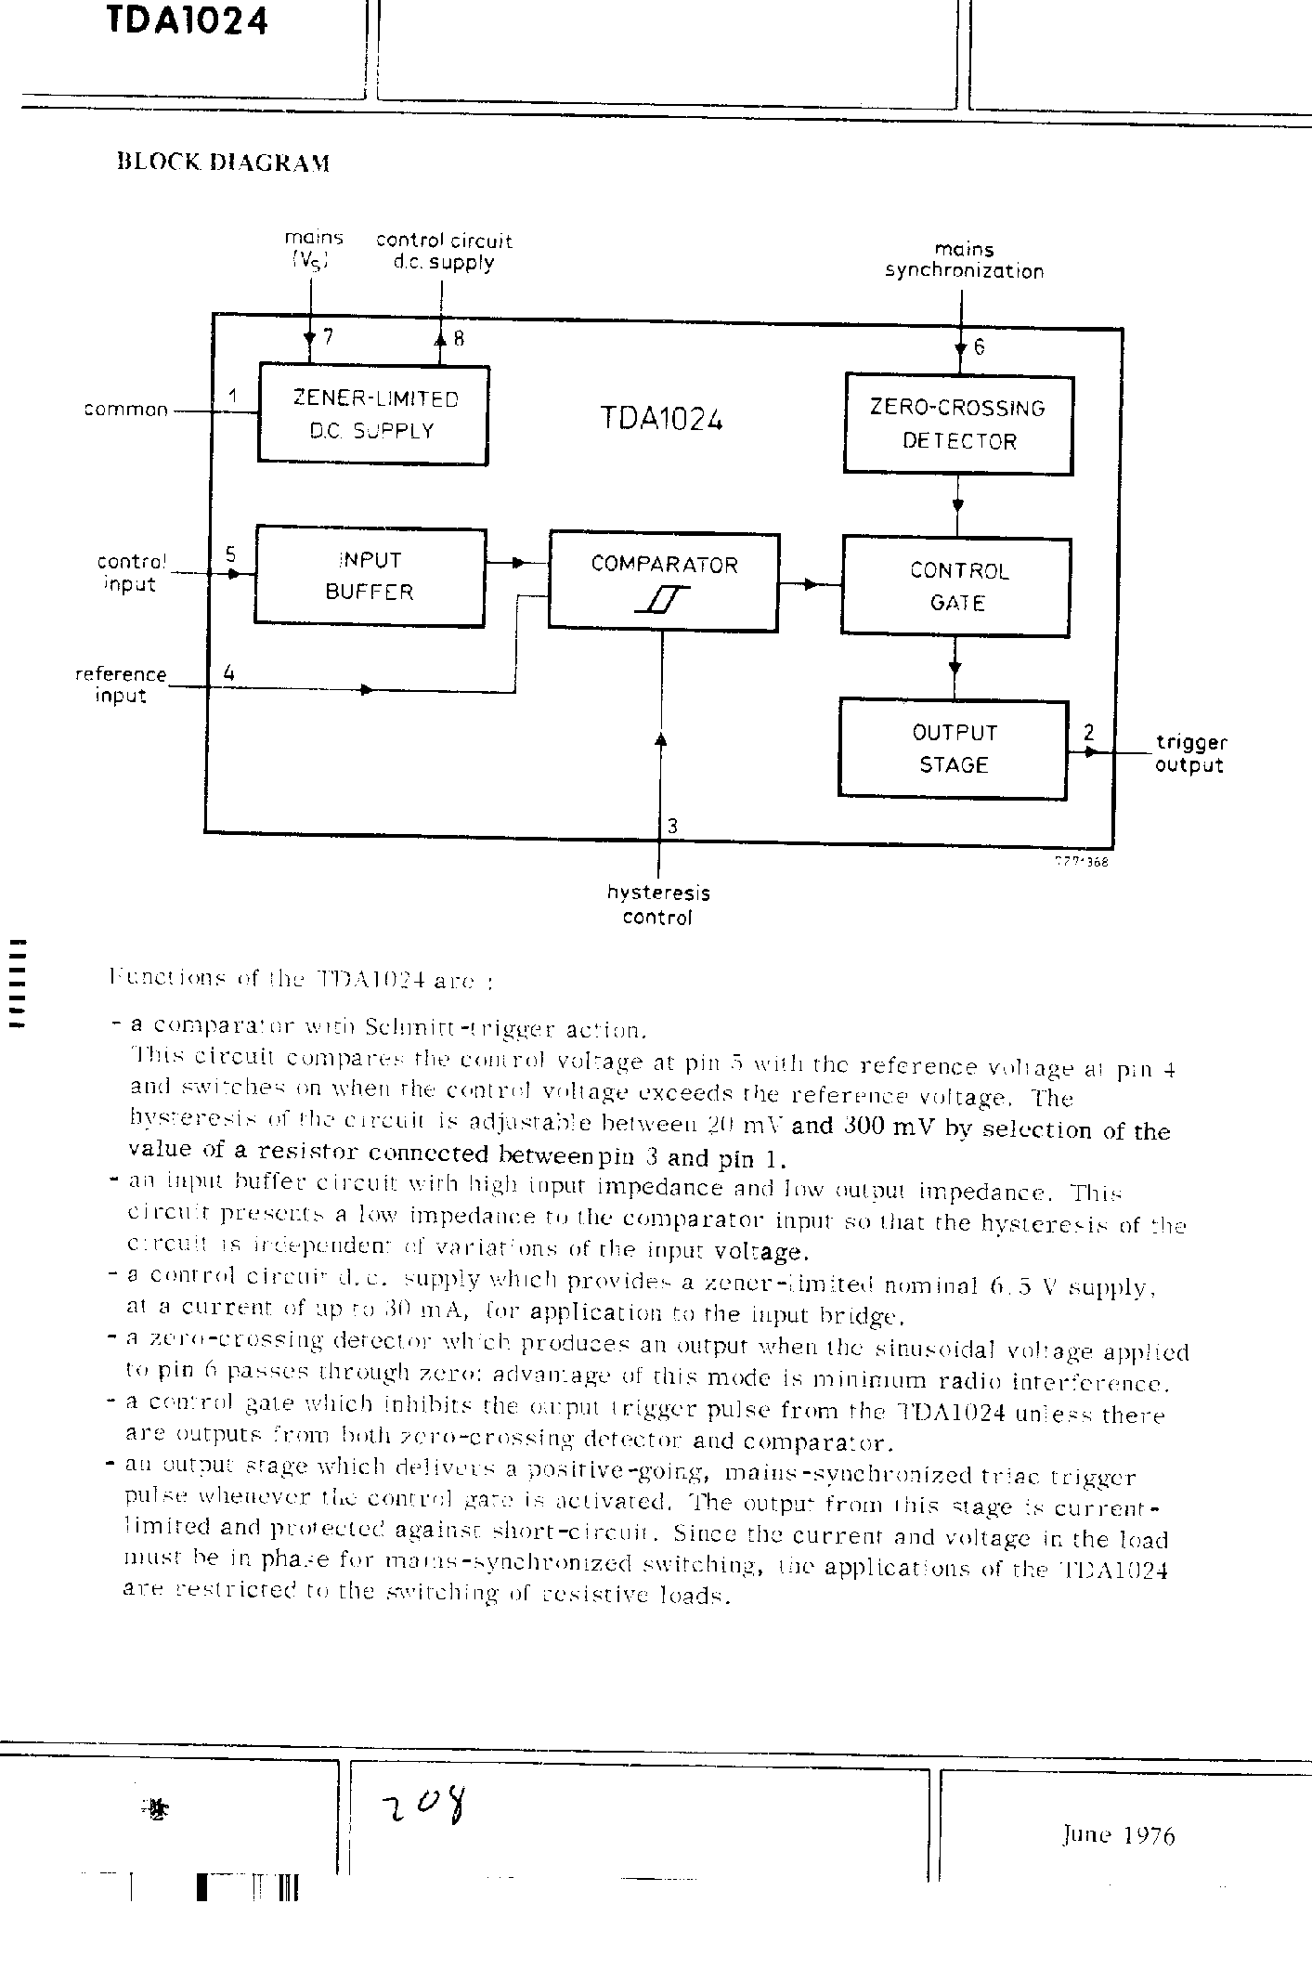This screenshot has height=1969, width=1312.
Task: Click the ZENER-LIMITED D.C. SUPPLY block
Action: pyautogui.click(x=372, y=414)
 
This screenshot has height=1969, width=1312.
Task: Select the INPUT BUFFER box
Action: pyautogui.click(x=370, y=576)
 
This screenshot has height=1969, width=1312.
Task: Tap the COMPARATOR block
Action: pyautogui.click(x=663, y=581)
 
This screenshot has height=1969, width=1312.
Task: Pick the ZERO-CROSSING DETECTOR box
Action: pyautogui.click(x=958, y=424)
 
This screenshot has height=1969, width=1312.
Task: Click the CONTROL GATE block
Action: pyautogui.click(x=956, y=586)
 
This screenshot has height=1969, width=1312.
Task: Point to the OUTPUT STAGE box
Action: pyautogui.click(x=954, y=749)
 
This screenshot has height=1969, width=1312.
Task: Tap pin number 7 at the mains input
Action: pyautogui.click(x=327, y=337)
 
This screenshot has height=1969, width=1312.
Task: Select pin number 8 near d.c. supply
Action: pyautogui.click(x=459, y=339)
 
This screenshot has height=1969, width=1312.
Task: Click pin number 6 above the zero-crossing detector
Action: pyautogui.click(x=979, y=347)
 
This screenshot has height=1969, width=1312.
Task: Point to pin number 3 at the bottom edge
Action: pyautogui.click(x=673, y=826)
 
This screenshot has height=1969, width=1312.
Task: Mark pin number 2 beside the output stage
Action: pyautogui.click(x=1088, y=733)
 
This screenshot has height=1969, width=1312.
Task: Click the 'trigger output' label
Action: pyautogui.click(x=1190, y=754)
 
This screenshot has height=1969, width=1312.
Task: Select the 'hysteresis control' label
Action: pyautogui.click(x=658, y=906)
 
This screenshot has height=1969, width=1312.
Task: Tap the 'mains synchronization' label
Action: pyautogui.click(x=964, y=261)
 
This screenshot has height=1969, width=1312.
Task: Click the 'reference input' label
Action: pyautogui.click(x=121, y=685)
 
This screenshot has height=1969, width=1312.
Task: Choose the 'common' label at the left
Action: pyautogui.click(x=125, y=410)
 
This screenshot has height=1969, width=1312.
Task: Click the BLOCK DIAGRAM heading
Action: pyautogui.click(x=223, y=163)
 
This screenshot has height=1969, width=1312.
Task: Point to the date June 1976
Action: pyautogui.click(x=1119, y=1835)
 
